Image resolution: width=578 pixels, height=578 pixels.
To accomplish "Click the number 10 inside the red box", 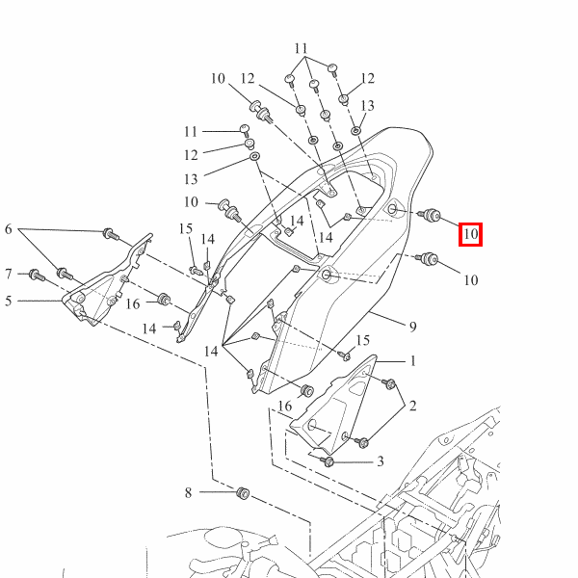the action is pyautogui.click(x=470, y=234).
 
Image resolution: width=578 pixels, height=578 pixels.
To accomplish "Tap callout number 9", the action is pyautogui.click(x=413, y=327).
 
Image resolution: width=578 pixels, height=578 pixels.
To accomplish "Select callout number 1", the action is pyautogui.click(x=413, y=361).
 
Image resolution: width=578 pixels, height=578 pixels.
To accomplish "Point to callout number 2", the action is pyautogui.click(x=413, y=406).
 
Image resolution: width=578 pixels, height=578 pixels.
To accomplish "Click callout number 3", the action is pyautogui.click(x=381, y=461).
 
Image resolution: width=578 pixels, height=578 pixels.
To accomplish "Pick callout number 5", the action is pyautogui.click(x=9, y=302).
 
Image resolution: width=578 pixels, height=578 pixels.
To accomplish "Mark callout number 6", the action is pyautogui.click(x=9, y=229).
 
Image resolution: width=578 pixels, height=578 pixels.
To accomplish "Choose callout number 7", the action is pyautogui.click(x=9, y=274).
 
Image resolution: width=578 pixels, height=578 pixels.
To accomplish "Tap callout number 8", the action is pyautogui.click(x=188, y=492).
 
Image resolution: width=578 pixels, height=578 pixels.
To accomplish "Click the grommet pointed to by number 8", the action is pyautogui.click(x=243, y=493).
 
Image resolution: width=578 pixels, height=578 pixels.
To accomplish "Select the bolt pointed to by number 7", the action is pyautogui.click(x=37, y=275).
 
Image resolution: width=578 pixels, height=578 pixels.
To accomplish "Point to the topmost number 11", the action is pyautogui.click(x=302, y=49).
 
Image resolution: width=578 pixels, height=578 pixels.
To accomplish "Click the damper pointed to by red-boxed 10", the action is pyautogui.click(x=429, y=215).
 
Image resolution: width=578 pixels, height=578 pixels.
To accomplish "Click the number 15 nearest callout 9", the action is pyautogui.click(x=363, y=340).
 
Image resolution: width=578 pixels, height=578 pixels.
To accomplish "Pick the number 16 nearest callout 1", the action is pyautogui.click(x=284, y=407).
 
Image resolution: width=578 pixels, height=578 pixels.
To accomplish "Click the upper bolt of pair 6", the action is pyautogui.click(x=111, y=234).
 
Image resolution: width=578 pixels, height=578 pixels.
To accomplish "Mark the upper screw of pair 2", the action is pyautogui.click(x=388, y=383).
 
